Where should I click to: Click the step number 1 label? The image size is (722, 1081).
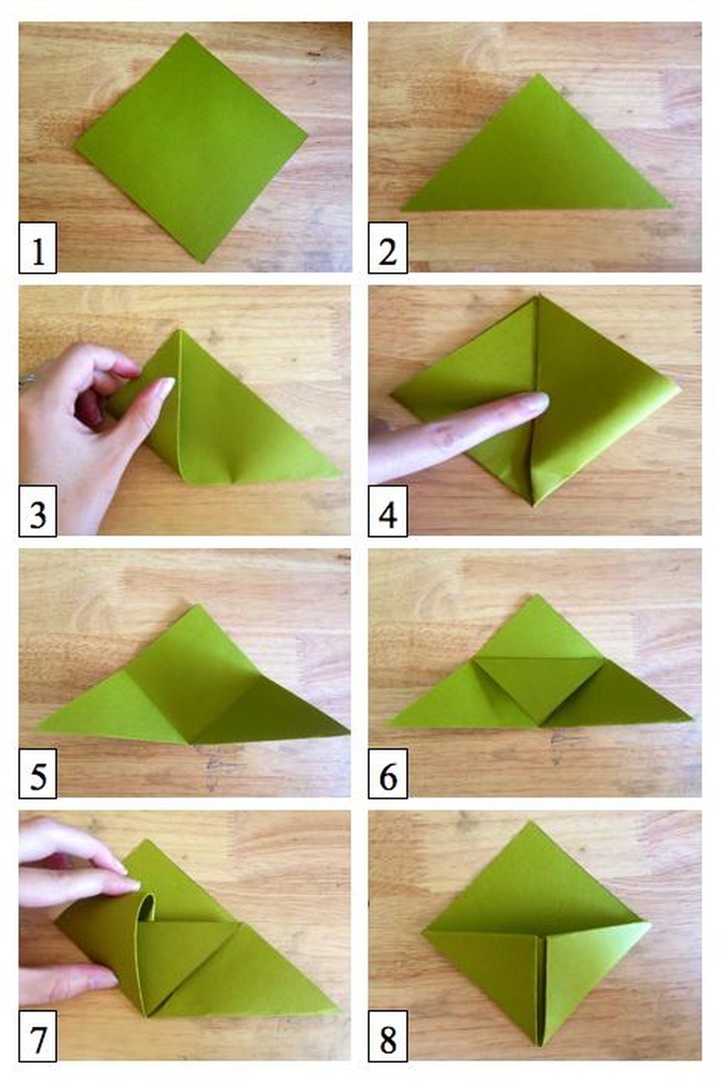click(x=38, y=247)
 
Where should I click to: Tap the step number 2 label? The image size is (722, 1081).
click(x=387, y=247)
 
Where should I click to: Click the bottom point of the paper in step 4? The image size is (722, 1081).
click(x=533, y=503)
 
